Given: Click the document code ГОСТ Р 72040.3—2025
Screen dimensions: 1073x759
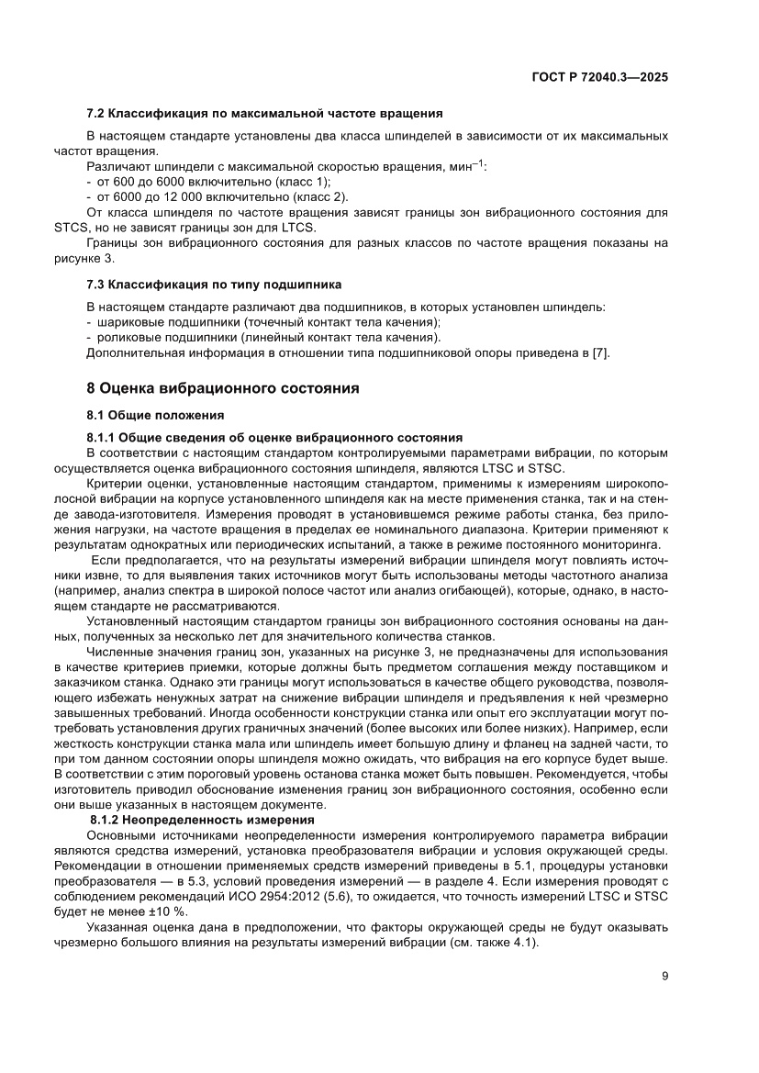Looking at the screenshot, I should click(x=599, y=78).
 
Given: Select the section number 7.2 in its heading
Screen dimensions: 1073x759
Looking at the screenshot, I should click(x=95, y=114).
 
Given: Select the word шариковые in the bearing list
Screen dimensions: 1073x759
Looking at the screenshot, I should click(x=126, y=322).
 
